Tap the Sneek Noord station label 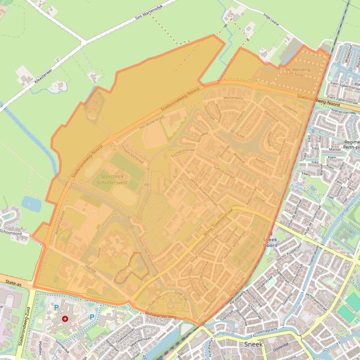(270, 242)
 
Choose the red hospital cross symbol (65, 318)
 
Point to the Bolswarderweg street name (160, 315)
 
